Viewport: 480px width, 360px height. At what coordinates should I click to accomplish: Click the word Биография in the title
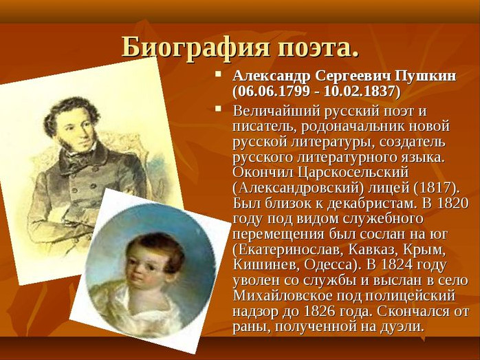pyautogui.click(x=196, y=47)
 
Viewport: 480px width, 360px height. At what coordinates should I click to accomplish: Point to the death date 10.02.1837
pyautogui.click(x=359, y=92)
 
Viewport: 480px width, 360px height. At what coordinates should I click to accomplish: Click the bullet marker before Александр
pyautogui.click(x=218, y=74)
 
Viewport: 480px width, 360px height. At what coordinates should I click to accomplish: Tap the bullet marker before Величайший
pyautogui.click(x=218, y=109)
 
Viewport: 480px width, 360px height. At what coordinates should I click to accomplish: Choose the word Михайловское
pyautogui.click(x=283, y=296)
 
